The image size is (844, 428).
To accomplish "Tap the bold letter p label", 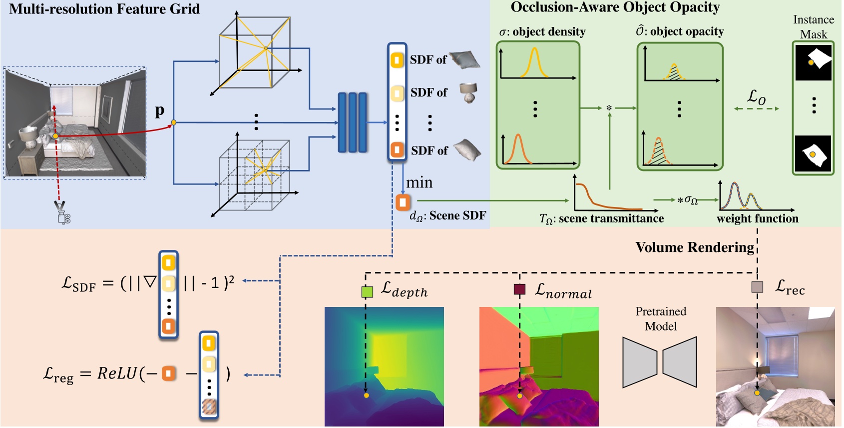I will pos(159,110).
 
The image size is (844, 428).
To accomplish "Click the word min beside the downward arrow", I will pos(419,183).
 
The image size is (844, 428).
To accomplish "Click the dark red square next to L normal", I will pos(519,289).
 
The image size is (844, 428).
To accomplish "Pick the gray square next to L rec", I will pos(757,287).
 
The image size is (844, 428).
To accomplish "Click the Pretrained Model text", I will pos(660,319).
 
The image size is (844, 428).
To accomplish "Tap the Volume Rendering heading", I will pos(694,247).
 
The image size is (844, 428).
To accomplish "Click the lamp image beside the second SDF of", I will pos(468,92).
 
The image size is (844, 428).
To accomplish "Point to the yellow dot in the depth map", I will pos(366,395).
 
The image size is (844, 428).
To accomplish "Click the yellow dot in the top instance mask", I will pos(811,63).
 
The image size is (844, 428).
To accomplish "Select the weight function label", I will pos(757,218).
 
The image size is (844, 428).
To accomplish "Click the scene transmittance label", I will pos(601,219).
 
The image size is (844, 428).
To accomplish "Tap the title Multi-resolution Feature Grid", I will pos(104,9).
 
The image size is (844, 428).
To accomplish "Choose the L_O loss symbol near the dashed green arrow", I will pos(756,97).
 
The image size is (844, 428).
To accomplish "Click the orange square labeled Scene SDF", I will pos(403,202).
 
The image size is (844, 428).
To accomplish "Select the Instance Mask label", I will pos(813,27).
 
